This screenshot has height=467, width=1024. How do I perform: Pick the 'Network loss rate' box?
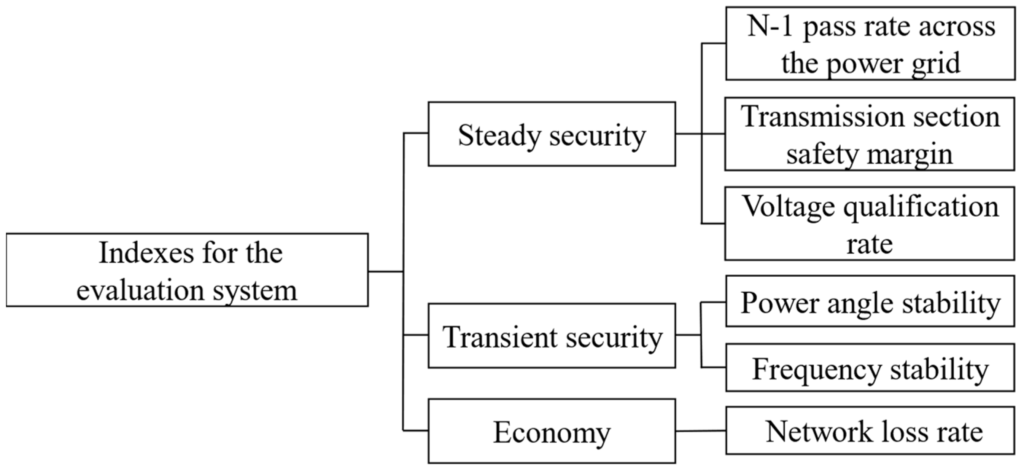click(870, 430)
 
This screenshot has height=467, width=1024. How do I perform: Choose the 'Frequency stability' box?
click(870, 368)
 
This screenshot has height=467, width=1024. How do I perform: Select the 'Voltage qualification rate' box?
click(870, 223)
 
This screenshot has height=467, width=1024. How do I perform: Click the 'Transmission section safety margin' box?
click(870, 134)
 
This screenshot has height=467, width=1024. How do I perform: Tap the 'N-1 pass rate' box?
click(870, 44)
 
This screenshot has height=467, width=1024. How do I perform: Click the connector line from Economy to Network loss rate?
click(700, 431)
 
